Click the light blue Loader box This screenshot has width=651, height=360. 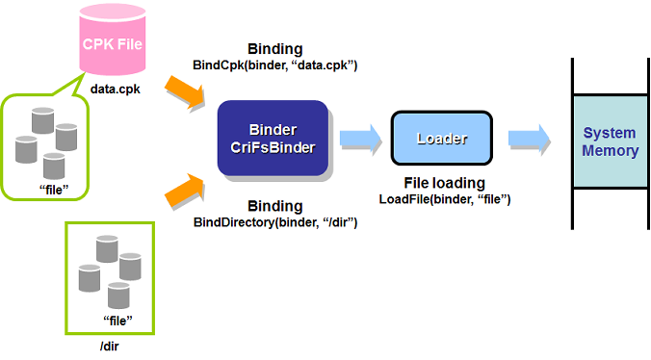(441, 139)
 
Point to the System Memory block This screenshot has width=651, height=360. (610, 141)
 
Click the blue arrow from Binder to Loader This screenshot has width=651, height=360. (357, 139)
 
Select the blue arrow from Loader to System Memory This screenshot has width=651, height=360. (529, 139)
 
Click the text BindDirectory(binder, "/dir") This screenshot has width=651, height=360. (276, 223)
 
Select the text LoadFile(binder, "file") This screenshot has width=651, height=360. (442, 199)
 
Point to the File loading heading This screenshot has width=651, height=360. (443, 183)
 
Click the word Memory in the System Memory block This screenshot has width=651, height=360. (610, 150)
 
